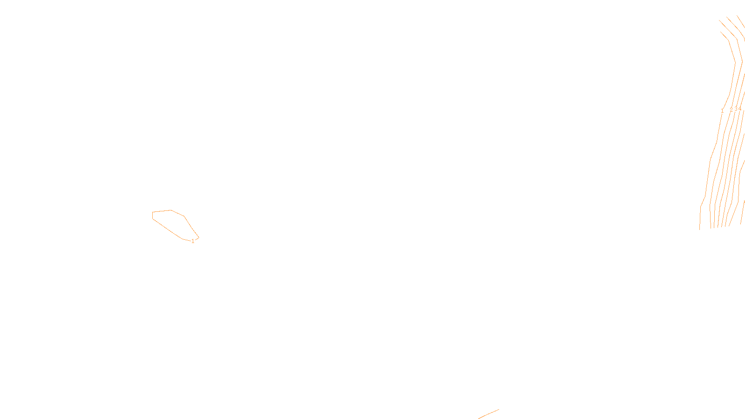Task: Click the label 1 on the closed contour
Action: pos(193,241)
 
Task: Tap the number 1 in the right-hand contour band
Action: pos(722,111)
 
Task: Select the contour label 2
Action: pos(731,110)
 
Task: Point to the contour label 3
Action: pos(736,109)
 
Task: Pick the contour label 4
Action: pos(740,109)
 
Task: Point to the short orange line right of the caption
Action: pos(488,414)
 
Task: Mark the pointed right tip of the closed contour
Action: pos(199,238)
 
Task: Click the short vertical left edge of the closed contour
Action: pos(153,215)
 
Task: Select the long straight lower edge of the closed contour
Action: pos(167,229)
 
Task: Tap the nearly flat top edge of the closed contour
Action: pos(162,211)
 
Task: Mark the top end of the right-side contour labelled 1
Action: pos(721,32)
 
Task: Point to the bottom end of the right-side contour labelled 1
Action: pos(700,229)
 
